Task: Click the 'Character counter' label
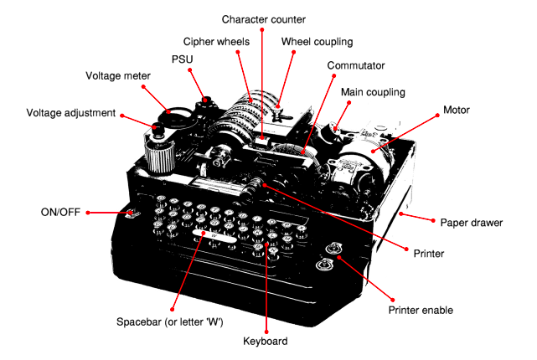[x=263, y=18]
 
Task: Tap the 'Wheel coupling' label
[x=317, y=41]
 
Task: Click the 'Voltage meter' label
[x=118, y=75]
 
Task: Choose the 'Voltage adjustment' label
[x=70, y=112]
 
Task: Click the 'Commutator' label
[x=356, y=64]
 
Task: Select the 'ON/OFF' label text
[x=59, y=213]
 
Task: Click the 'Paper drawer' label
[x=471, y=223]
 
